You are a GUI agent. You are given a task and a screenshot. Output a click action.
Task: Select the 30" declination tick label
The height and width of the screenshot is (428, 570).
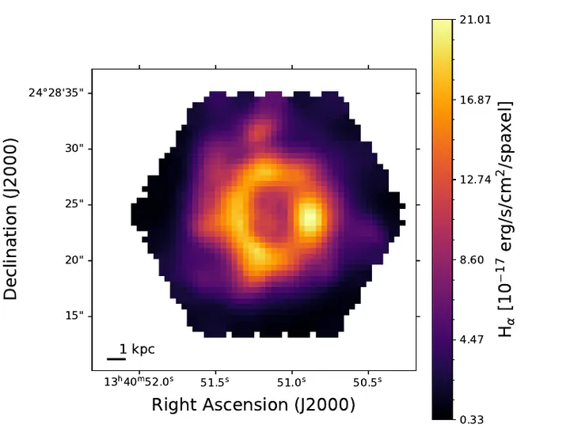[x=74, y=149]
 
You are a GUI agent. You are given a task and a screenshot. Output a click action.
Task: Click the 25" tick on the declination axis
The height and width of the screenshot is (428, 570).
[x=74, y=204]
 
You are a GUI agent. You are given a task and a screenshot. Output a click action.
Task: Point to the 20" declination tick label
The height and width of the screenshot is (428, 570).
[x=74, y=260]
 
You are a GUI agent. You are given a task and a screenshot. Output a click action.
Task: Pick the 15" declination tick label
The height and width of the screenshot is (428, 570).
[x=74, y=316]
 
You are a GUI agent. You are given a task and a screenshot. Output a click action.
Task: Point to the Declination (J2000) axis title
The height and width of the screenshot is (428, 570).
[x=11, y=214]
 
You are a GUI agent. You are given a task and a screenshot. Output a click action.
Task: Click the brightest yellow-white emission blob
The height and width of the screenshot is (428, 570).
[x=310, y=216]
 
